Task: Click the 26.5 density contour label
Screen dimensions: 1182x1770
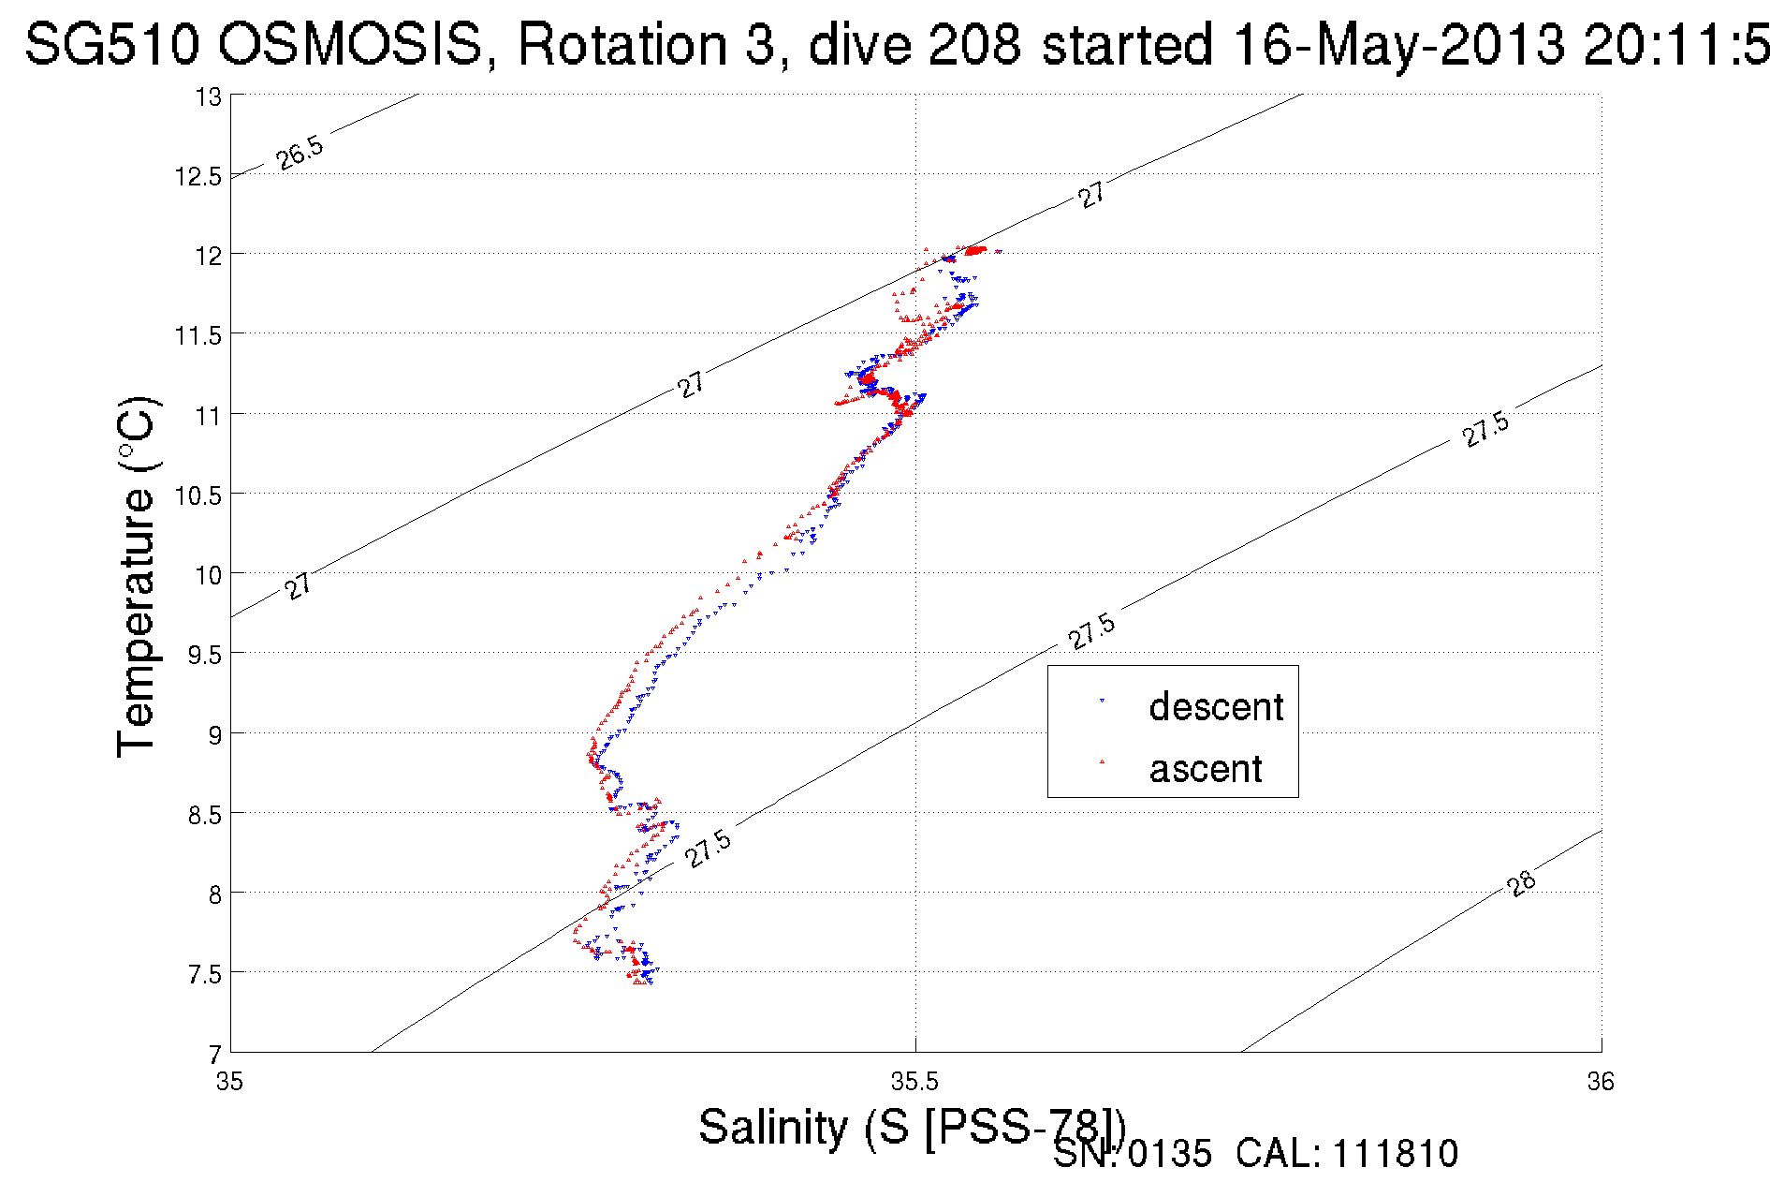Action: click(x=300, y=152)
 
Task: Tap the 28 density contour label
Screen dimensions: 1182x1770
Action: click(x=1522, y=883)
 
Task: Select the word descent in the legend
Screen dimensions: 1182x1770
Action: click(x=1216, y=707)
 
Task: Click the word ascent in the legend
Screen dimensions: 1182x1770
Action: click(x=1206, y=769)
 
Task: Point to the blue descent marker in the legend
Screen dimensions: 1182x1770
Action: click(x=1102, y=700)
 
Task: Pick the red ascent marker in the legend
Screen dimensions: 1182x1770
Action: click(x=1102, y=761)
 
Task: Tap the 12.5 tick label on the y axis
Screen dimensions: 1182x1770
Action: click(x=198, y=176)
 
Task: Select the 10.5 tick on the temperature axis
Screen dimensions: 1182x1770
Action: click(x=198, y=495)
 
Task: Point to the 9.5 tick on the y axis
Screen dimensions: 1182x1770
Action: click(x=205, y=655)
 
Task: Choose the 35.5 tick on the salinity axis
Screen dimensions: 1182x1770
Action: click(x=914, y=1082)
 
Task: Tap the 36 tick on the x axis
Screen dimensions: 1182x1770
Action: click(x=1601, y=1082)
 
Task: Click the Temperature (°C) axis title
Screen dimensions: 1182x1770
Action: click(x=137, y=577)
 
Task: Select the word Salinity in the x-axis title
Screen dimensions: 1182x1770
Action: click(x=773, y=1127)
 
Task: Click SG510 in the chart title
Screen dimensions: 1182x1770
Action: click(x=111, y=44)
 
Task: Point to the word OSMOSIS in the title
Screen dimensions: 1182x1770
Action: click(x=352, y=44)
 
